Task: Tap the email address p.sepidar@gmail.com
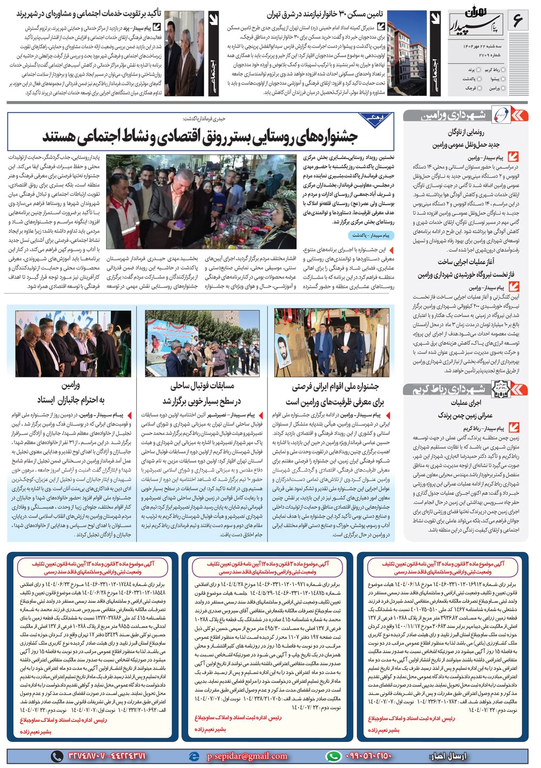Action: tap(247, 756)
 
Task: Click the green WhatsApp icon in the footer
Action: tap(333, 756)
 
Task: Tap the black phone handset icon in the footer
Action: tap(57, 756)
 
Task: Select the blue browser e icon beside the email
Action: tap(194, 756)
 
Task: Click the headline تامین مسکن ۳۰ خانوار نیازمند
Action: tap(325, 15)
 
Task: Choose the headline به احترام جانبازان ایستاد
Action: tap(71, 400)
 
